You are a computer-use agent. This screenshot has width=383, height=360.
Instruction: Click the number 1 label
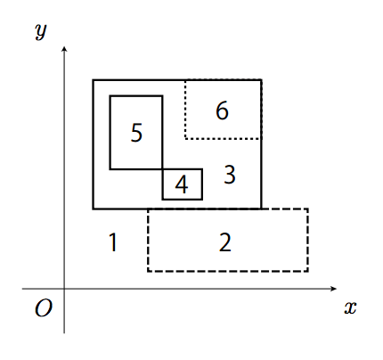(113, 242)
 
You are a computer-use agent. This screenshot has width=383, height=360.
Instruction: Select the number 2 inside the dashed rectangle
(225, 242)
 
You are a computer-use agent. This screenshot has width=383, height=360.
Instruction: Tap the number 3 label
(230, 175)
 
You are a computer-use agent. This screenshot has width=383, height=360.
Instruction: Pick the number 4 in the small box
(182, 184)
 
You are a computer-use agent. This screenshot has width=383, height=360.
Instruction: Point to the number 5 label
(136, 133)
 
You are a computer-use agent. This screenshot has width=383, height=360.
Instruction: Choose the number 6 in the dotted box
(222, 110)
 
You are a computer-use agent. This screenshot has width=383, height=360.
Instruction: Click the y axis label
(41, 30)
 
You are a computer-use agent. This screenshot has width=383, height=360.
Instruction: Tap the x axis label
(350, 307)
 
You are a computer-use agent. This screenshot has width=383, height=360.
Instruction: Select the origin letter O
(44, 308)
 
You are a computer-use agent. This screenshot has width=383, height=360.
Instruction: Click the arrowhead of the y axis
(64, 49)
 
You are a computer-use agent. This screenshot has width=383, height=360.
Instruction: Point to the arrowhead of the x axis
(334, 289)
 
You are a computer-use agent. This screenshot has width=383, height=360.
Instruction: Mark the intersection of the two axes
(64, 289)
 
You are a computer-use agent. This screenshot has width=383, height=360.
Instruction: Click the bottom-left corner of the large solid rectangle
(94, 209)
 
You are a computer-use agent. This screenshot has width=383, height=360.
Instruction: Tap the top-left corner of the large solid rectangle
(94, 80)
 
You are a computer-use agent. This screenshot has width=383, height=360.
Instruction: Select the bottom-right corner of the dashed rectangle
(308, 271)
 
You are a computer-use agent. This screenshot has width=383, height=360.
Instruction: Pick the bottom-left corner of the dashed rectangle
(148, 271)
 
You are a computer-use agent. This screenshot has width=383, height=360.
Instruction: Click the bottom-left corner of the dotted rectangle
(185, 138)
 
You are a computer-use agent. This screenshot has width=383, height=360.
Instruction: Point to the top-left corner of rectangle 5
(110, 96)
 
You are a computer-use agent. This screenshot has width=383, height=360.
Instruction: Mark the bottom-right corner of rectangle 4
(202, 199)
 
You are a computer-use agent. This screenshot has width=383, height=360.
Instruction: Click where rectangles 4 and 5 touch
(163, 169)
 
